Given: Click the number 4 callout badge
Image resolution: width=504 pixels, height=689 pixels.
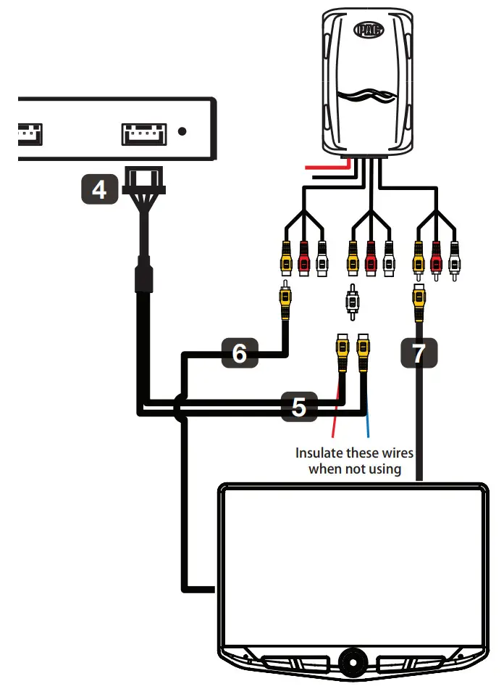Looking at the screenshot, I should point(100,190).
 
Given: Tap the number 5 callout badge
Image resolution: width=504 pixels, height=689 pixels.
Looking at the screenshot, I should point(299,408).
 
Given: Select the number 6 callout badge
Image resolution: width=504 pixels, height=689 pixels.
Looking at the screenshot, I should point(240,353).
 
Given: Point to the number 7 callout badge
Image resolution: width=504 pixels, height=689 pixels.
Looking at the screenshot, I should point(418,353).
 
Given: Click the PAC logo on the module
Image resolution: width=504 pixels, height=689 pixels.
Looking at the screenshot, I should point(369,31).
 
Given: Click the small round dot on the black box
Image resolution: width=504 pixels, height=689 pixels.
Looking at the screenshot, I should point(182,131).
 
